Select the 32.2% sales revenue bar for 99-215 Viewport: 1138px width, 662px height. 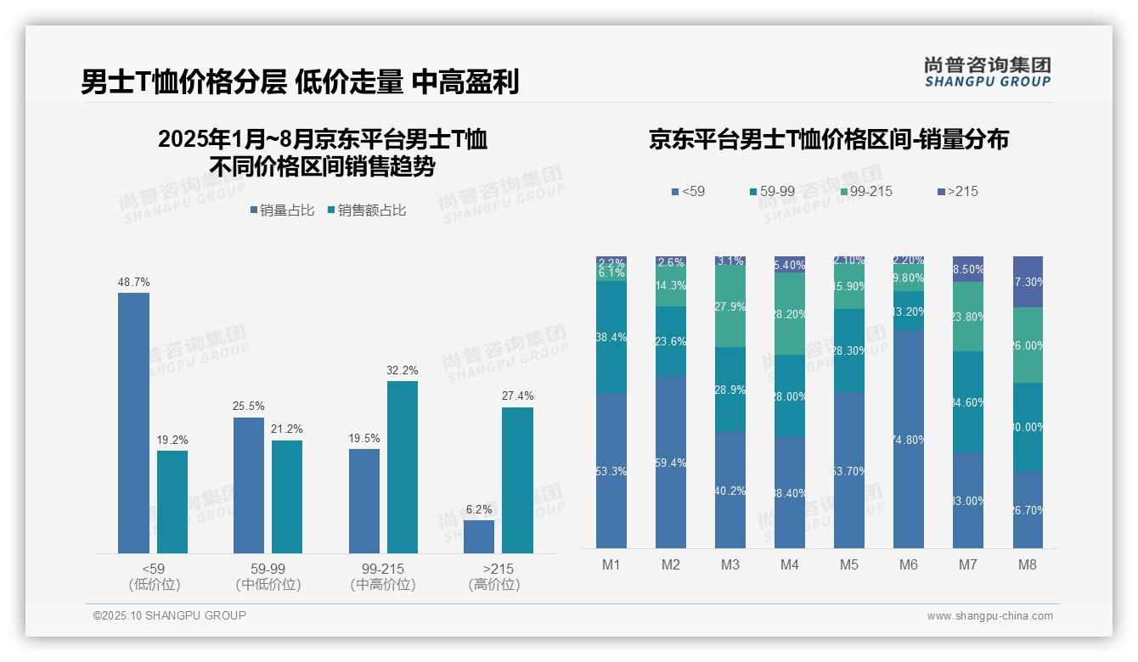403,467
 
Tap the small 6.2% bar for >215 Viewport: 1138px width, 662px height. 479,536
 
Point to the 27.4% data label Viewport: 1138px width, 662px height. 517,396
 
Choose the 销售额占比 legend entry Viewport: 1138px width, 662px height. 366,210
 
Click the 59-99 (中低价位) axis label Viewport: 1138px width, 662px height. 268,576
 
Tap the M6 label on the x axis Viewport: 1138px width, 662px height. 908,564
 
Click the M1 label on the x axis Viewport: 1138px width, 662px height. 611,564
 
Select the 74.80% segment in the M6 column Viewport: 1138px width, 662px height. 908,439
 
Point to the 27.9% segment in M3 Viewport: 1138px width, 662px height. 730,306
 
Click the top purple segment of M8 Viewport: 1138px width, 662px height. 1028,281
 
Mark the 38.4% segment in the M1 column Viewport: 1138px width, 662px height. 611,337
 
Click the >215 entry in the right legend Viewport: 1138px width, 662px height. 957,192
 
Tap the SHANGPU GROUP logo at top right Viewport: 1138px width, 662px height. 987,71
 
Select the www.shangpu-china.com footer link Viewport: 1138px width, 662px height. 989,616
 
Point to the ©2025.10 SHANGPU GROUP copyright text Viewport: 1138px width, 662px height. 170,615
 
